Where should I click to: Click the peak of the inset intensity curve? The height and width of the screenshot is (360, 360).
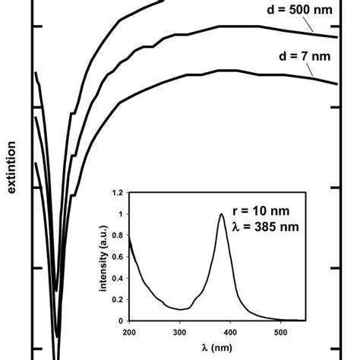(x=221, y=214)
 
